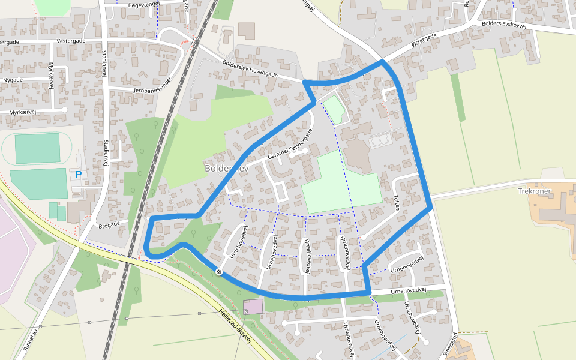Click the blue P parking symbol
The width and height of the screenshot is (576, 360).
[78, 175]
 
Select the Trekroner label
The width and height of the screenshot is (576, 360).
[533, 190]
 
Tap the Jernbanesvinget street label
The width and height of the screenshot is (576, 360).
[162, 89]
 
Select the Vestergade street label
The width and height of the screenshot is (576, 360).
[71, 41]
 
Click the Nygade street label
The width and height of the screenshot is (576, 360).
[13, 80]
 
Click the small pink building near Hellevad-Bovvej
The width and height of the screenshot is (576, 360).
[253, 307]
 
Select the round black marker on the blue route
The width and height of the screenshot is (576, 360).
[219, 272]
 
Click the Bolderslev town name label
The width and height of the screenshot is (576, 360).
[226, 169]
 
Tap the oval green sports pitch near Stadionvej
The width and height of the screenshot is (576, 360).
[37, 148]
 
